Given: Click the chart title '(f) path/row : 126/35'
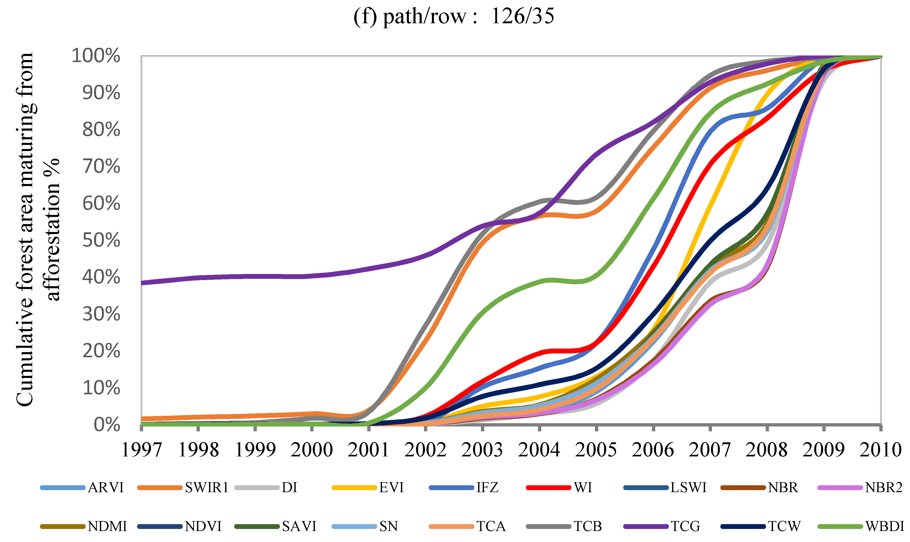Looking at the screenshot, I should tap(454, 16).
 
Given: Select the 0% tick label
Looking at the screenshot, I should tap(106, 425).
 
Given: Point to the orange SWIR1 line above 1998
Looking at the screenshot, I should tap(198, 417).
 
